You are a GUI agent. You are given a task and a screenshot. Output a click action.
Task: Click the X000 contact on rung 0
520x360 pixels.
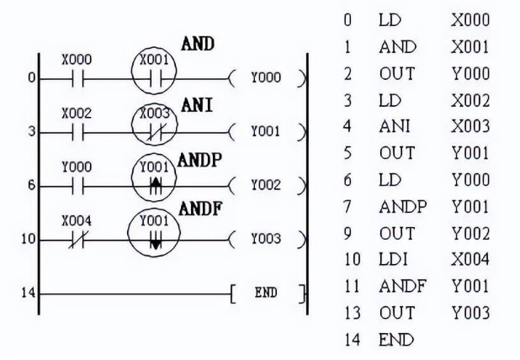point(77,78)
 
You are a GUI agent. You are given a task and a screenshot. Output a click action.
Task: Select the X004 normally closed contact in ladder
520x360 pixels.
point(77,238)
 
